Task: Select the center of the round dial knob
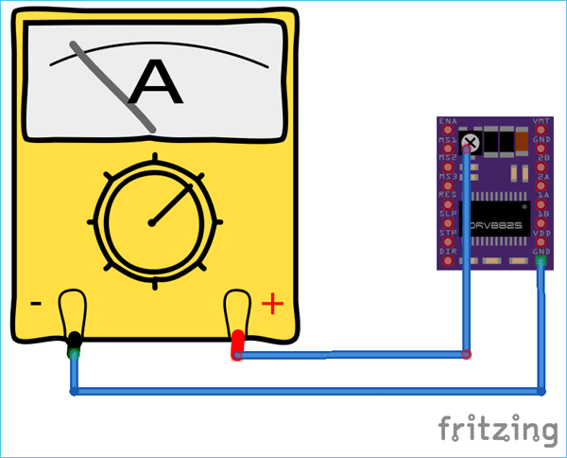151,222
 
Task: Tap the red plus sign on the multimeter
272,304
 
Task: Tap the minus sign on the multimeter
35,304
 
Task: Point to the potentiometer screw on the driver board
470,142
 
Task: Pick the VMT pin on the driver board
541,122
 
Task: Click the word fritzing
497,429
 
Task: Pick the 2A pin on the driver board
541,177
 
